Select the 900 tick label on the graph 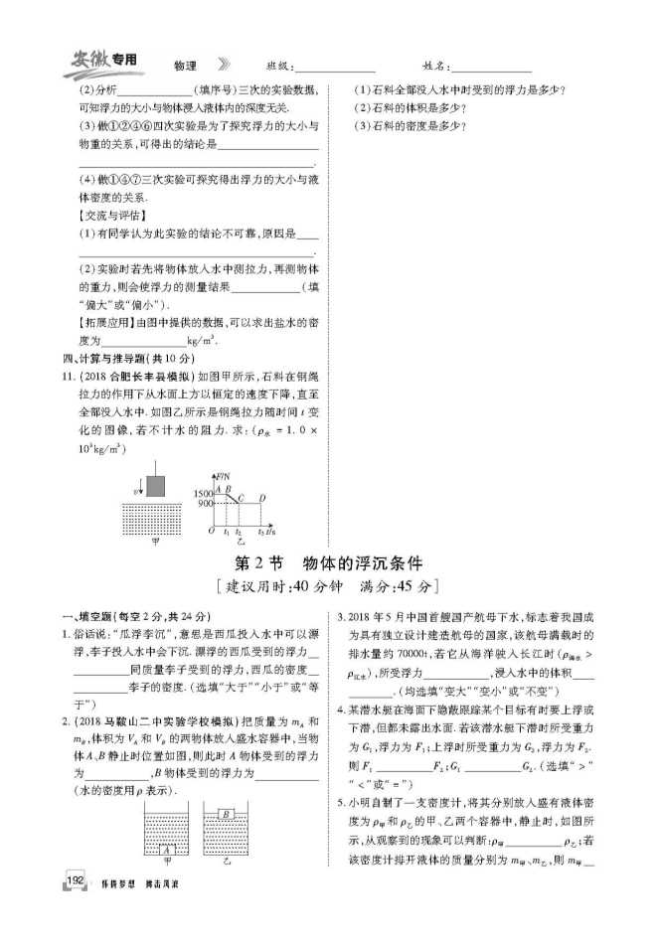tap(203, 504)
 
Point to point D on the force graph tap(261, 498)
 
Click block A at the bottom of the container tap(169, 850)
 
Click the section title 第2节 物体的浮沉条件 tap(328, 561)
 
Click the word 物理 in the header tap(185, 66)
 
